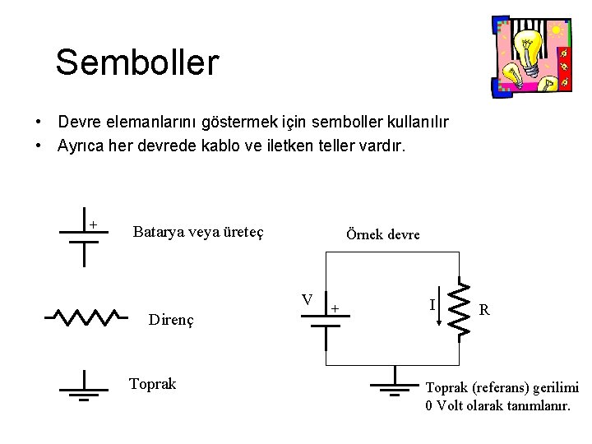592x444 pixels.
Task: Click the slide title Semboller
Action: point(137,62)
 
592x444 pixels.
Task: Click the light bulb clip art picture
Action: point(529,55)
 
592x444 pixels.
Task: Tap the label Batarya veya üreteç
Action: point(197,231)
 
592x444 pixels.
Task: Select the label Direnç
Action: point(171,319)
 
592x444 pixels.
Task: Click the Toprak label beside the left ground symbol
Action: point(153,383)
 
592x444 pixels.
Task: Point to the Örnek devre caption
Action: point(383,234)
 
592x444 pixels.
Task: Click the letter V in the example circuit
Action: point(306,299)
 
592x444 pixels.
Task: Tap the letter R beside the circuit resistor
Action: point(486,310)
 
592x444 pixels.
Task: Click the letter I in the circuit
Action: point(432,304)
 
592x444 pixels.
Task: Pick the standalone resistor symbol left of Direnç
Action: point(86,316)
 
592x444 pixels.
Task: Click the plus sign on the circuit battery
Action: point(335,308)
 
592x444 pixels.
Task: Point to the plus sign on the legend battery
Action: point(93,224)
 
